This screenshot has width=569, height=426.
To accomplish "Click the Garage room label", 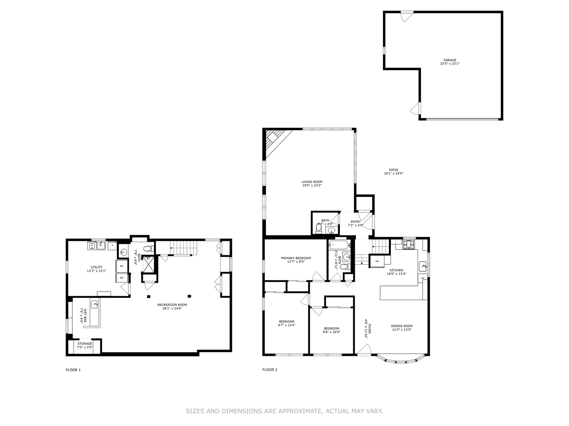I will click(450, 60).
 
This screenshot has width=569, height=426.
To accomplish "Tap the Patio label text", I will click(393, 170).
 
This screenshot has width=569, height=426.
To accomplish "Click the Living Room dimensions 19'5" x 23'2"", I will click(312, 185).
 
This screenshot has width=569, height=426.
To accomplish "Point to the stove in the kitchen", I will click(409, 245).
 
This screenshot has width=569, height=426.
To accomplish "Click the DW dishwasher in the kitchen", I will click(422, 278).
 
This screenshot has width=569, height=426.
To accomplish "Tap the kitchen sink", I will click(423, 266).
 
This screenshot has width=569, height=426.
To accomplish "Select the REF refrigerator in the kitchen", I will click(377, 261).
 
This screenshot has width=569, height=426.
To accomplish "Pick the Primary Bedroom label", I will click(296, 258).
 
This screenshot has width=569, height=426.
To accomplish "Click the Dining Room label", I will click(401, 326).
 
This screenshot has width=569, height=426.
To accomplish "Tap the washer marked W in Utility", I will click(92, 245).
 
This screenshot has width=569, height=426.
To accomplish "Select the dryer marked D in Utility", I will click(112, 245).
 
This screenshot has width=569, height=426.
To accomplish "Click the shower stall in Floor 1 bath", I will click(149, 264).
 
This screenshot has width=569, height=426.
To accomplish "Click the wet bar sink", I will click(95, 304).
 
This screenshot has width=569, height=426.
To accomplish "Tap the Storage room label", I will click(85, 344).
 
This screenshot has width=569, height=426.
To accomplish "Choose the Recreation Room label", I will click(172, 305).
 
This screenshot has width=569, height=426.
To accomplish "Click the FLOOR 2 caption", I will click(270, 370).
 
